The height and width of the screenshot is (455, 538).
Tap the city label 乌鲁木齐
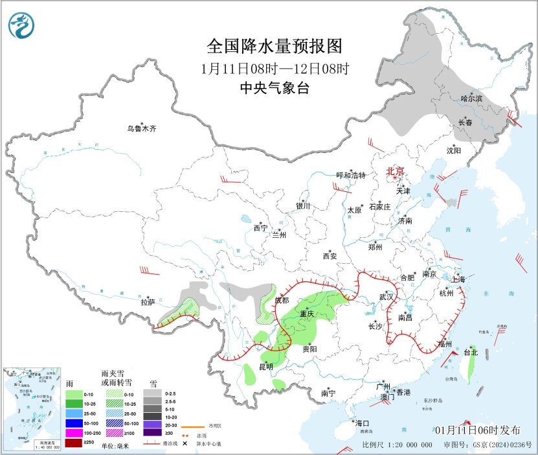(142, 128)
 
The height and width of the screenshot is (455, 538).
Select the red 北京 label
(395, 171)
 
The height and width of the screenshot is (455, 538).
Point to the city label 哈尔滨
(472, 99)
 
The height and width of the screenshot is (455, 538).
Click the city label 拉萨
(148, 301)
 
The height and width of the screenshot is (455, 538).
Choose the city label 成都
(282, 300)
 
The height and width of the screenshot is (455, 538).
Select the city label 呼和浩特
(352, 176)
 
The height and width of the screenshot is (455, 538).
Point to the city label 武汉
(387, 296)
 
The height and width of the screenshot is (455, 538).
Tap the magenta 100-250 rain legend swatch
(74, 432)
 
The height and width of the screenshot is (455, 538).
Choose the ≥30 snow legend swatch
(151, 432)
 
